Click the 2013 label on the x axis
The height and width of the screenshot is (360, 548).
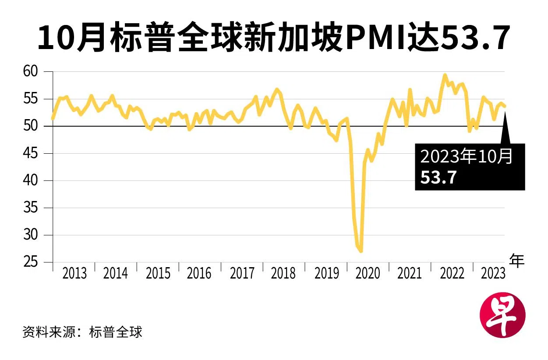click(x=74, y=274)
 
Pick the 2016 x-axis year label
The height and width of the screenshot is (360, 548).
click(x=199, y=274)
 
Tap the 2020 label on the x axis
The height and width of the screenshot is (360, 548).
click(x=368, y=274)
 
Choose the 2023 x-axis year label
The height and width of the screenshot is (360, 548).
click(x=493, y=274)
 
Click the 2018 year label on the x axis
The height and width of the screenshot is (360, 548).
click(x=283, y=274)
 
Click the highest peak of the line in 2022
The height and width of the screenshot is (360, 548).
click(x=445, y=75)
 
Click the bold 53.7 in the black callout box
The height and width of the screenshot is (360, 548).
click(x=439, y=177)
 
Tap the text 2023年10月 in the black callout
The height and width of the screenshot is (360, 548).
click(x=467, y=157)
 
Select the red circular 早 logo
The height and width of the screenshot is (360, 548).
click(x=502, y=315)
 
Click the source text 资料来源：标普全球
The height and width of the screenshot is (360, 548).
click(x=82, y=332)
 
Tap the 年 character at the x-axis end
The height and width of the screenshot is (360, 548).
click(x=517, y=261)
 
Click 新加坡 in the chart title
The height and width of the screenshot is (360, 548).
click(x=299, y=39)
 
